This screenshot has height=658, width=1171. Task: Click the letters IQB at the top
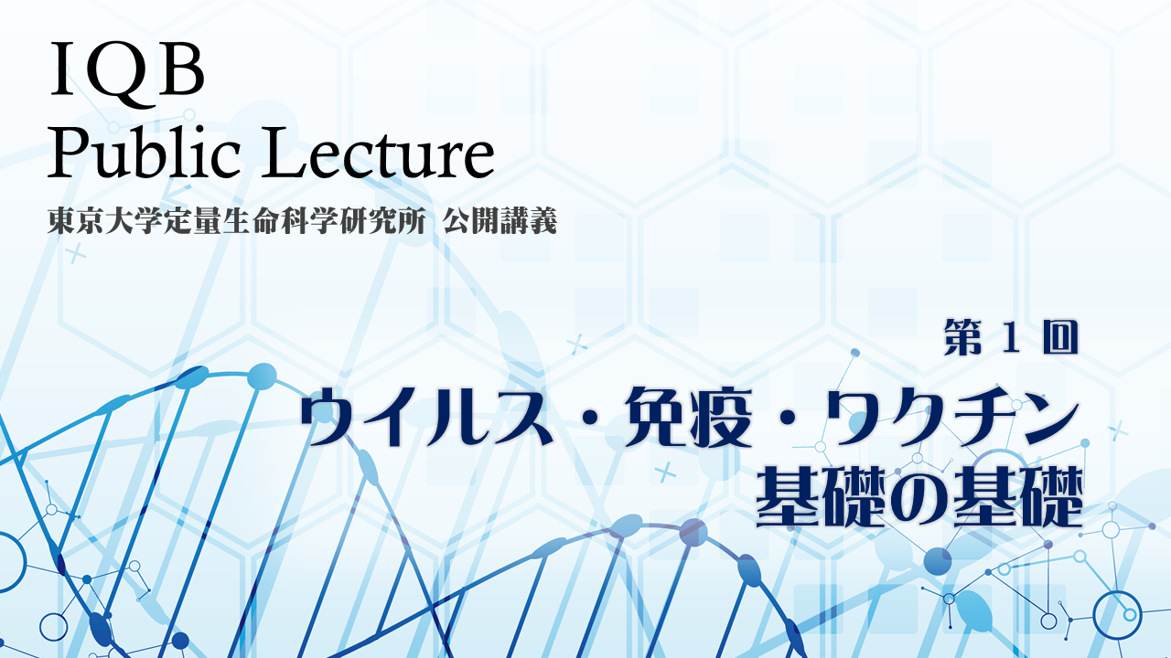coord(127,71)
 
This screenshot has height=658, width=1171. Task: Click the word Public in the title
coord(144,152)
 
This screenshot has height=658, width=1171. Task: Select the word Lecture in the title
coord(378,152)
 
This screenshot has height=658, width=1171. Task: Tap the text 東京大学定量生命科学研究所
coord(236,221)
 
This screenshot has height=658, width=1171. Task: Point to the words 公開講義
coord(500,221)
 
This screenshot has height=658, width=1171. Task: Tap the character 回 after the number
coord(1059,337)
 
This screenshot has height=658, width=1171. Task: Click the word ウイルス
coord(426,418)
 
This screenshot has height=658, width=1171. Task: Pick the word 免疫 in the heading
coord(689,418)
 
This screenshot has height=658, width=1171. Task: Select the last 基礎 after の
coord(1016,496)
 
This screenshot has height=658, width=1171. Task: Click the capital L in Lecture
coord(283,152)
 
